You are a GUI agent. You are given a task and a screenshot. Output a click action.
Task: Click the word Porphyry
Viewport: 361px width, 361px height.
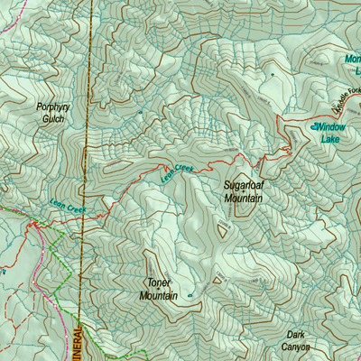[x=51, y=106]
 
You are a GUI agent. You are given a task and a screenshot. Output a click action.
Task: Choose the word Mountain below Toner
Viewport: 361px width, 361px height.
[x=158, y=295]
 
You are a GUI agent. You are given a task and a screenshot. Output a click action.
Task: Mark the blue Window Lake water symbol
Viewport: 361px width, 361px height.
[x=318, y=127]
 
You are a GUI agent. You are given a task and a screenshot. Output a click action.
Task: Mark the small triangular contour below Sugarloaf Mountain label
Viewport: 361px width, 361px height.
[x=223, y=230]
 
